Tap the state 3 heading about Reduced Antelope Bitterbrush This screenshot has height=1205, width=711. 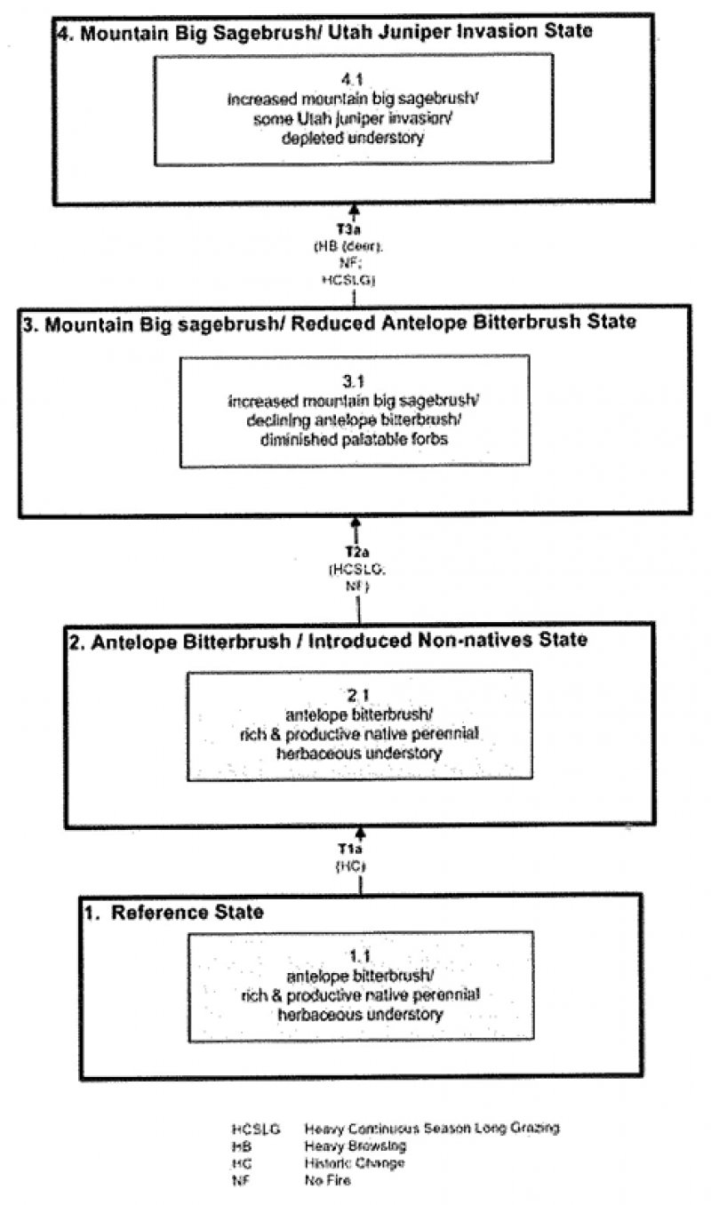click(328, 322)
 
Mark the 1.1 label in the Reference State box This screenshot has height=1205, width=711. click(359, 956)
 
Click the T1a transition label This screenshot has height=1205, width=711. click(359, 849)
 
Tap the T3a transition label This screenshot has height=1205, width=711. click(354, 230)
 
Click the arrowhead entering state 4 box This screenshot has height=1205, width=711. click(354, 211)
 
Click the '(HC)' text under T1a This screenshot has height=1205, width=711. click(359, 865)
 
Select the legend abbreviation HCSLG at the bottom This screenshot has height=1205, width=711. click(256, 1129)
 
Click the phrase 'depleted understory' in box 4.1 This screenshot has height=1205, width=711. click(354, 138)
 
